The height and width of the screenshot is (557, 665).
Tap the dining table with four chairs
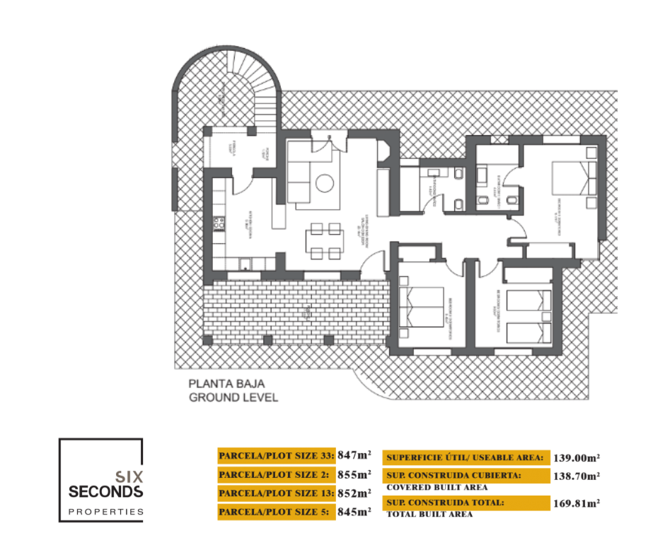(x=325, y=241)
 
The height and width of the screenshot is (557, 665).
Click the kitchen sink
(x=244, y=265)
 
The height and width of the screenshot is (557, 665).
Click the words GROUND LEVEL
(x=233, y=398)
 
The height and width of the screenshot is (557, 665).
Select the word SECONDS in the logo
(x=106, y=491)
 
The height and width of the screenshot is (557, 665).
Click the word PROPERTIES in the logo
(x=105, y=511)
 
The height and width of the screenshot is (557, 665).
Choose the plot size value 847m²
(x=354, y=455)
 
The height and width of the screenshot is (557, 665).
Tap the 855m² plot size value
(x=354, y=474)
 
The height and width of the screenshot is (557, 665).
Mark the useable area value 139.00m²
(x=577, y=458)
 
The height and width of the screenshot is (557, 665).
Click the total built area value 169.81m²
(x=577, y=504)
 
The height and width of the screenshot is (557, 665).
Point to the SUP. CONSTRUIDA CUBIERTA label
(x=453, y=476)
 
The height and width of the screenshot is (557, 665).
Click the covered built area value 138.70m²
(x=577, y=477)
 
